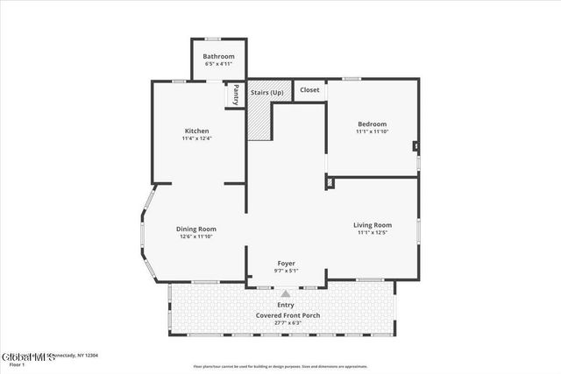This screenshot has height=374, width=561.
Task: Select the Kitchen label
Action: pos(196,131)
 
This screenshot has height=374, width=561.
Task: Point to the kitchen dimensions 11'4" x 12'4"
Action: pos(196,138)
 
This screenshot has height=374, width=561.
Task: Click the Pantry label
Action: pos(236,95)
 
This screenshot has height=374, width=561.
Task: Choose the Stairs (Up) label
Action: pos(266,91)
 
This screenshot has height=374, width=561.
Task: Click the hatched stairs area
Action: pos(259,118)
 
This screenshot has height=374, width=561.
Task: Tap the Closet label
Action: pos(309,90)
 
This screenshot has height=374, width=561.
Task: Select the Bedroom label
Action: pos(372,124)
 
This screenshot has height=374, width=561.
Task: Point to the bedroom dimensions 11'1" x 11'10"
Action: pos(372,132)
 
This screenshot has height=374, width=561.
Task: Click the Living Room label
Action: pos(373,224)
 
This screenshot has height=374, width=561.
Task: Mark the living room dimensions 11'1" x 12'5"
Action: pos(373,232)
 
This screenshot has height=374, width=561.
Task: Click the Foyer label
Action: pos(287,263)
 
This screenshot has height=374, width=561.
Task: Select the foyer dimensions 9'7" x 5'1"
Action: pos(287,271)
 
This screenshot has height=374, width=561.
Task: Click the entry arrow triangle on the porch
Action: pos(286,294)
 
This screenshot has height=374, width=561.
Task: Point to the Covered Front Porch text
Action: pos(286,314)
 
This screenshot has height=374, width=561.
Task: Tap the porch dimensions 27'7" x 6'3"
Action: pos(286,322)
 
